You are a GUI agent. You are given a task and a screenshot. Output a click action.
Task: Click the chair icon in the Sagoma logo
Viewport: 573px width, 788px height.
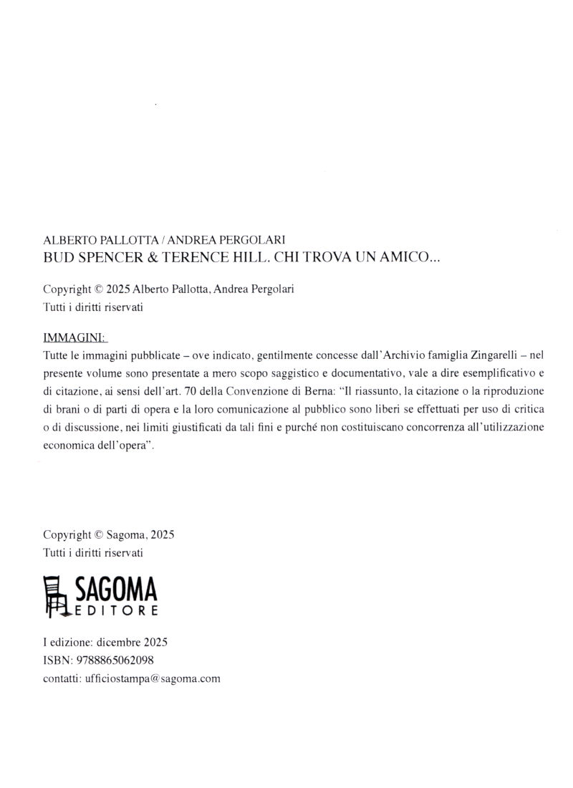point(57,596)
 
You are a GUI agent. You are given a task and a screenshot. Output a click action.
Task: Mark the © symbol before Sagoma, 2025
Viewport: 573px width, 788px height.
point(99,534)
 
